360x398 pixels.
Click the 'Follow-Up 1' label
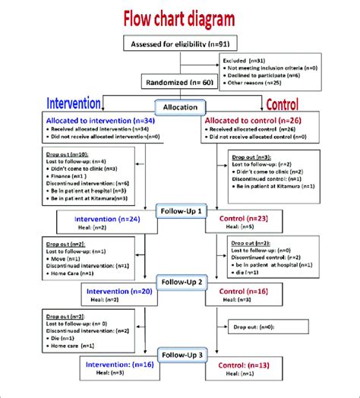pos(180,209)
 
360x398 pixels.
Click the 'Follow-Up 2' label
pos(180,281)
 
